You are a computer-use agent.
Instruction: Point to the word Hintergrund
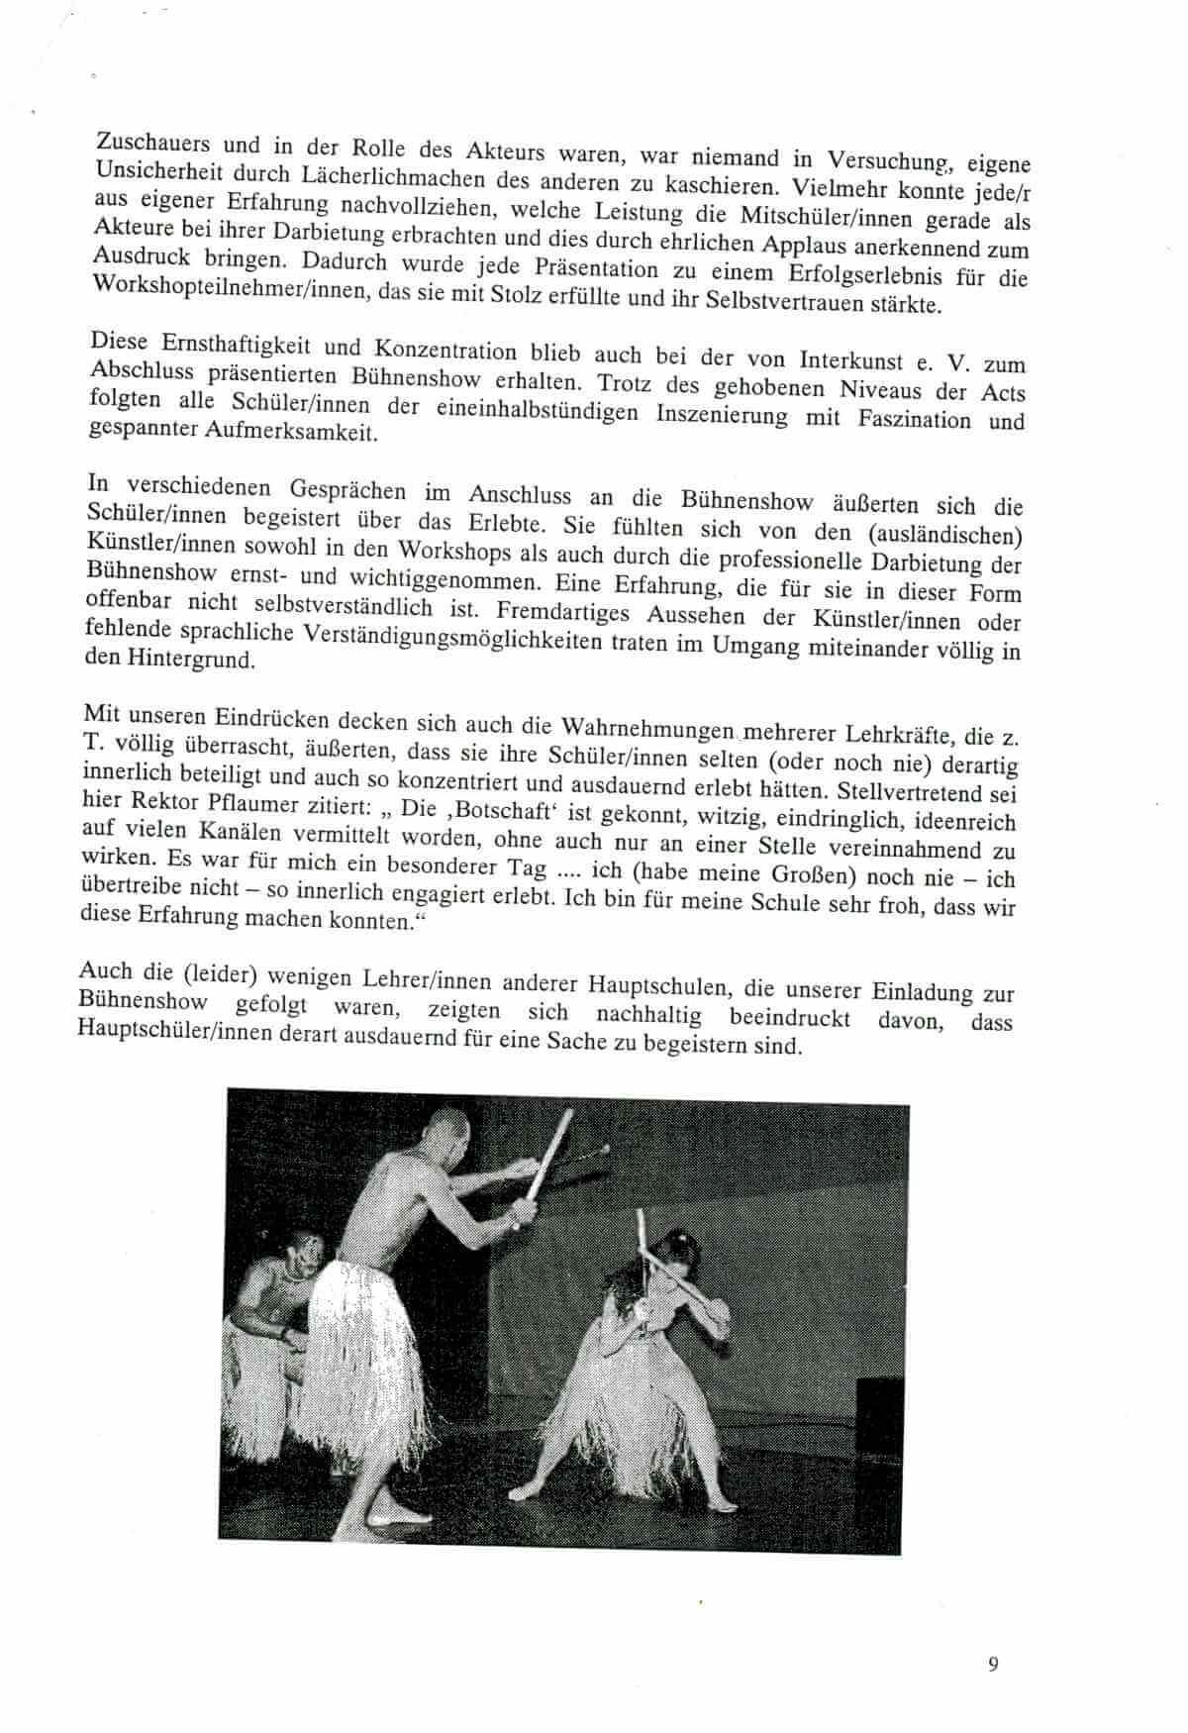[x=184, y=659]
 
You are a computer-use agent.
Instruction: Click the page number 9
[x=993, y=1663]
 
